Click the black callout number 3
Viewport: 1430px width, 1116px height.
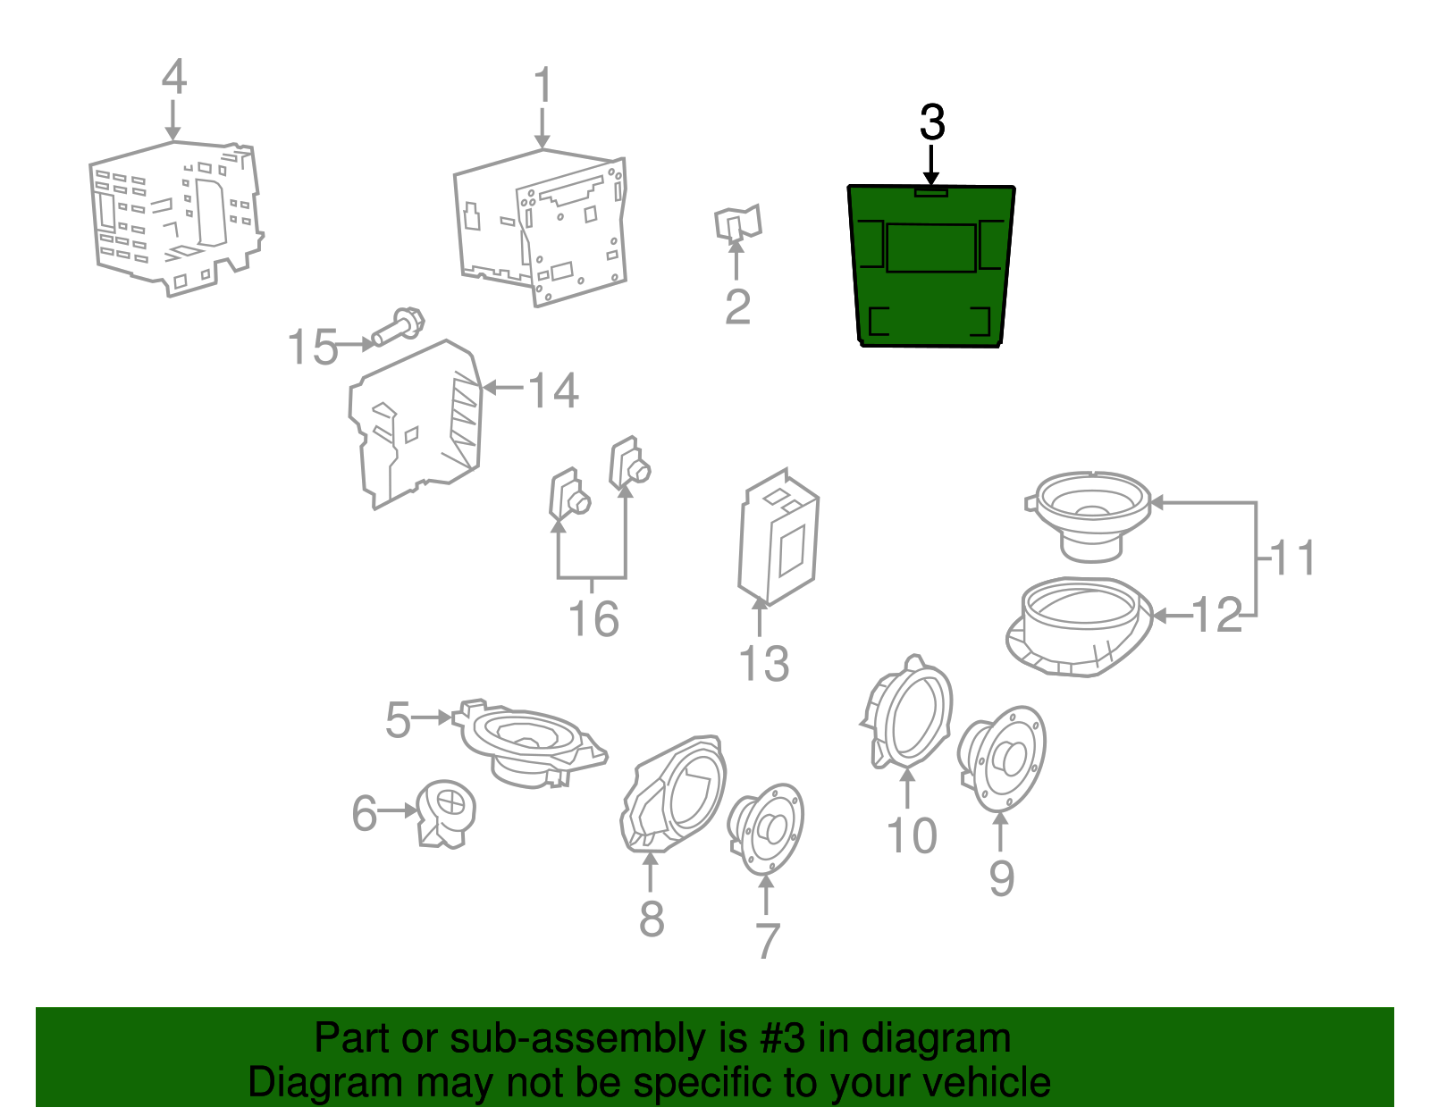932,123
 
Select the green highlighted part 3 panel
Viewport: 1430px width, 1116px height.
931,265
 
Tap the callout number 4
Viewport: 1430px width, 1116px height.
173,76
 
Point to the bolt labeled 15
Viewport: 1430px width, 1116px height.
399,326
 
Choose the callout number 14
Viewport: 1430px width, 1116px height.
553,390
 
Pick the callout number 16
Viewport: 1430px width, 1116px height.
593,619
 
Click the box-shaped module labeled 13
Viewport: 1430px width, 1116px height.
778,537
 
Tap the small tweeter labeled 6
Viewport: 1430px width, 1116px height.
446,814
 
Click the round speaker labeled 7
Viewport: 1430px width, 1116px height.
766,828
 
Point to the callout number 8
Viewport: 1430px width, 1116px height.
652,919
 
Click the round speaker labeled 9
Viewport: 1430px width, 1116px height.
1002,759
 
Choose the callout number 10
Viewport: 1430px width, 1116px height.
913,835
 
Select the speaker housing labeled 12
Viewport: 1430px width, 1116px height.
1080,626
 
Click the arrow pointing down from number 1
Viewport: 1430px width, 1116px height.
543,129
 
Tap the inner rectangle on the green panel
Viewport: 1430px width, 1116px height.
931,248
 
